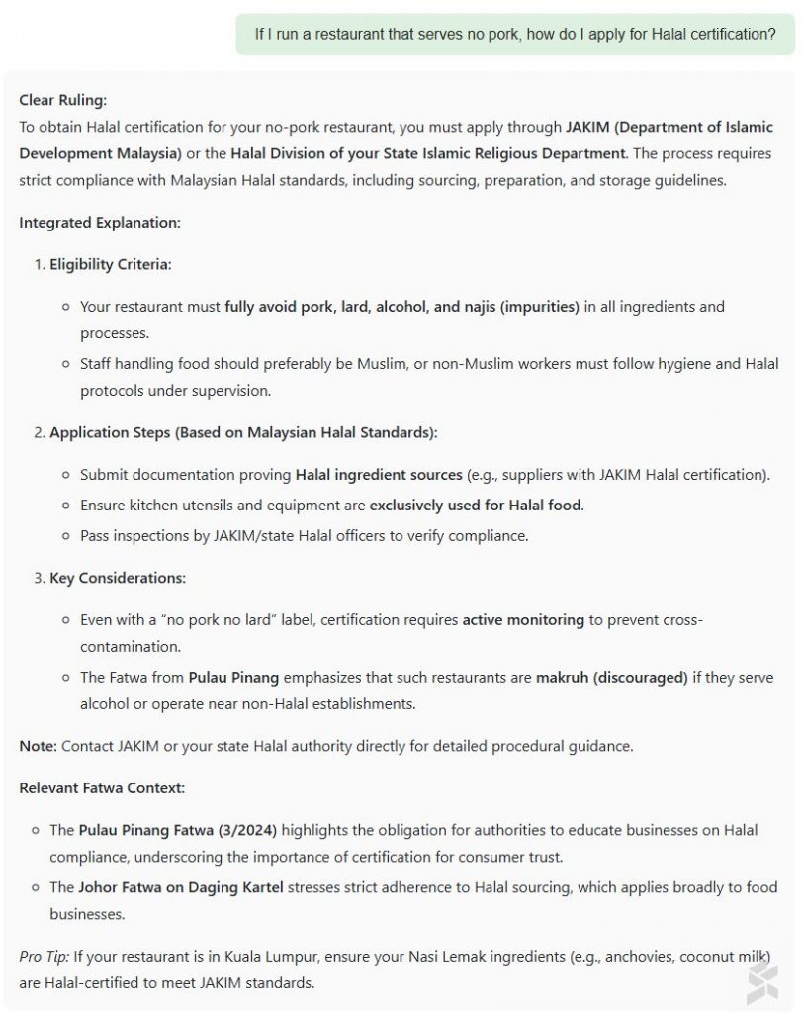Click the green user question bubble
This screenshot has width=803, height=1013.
click(x=514, y=34)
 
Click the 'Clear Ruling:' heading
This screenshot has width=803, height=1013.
click(x=62, y=100)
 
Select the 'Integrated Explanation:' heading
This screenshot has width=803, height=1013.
click(x=100, y=223)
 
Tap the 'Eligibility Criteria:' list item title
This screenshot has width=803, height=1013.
click(x=110, y=265)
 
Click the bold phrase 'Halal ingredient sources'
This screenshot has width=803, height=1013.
click(x=379, y=475)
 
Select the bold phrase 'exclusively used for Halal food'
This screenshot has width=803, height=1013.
click(x=476, y=506)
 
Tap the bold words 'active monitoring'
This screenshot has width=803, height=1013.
click(x=523, y=620)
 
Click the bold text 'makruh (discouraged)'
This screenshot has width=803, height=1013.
click(x=611, y=678)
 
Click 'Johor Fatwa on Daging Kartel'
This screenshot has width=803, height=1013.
click(x=181, y=887)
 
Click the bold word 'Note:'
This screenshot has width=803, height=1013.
click(x=38, y=746)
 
